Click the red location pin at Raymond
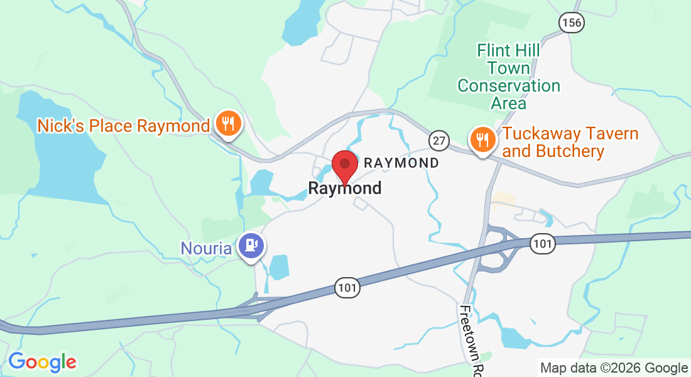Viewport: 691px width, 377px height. point(344,165)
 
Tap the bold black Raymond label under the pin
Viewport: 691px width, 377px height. point(344,188)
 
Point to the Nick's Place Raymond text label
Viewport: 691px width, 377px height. point(123,126)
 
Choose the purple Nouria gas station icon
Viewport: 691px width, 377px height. point(251,246)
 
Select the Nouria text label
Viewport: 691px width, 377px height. point(206,248)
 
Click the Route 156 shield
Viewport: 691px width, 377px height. point(572,23)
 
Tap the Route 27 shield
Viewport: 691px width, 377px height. point(438,139)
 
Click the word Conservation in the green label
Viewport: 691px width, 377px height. point(508,86)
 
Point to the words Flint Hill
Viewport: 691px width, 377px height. point(508,50)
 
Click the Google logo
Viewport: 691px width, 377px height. point(42,362)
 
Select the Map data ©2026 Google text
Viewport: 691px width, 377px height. point(614,368)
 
